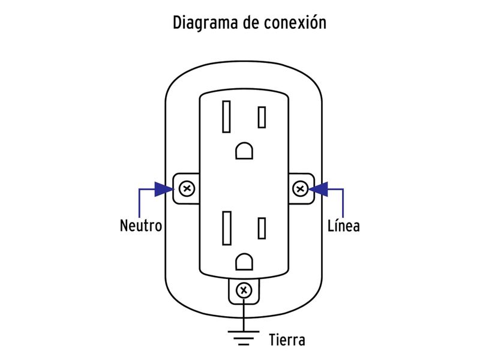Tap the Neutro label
click(x=141, y=226)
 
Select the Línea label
click(x=343, y=226)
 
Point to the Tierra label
click(x=287, y=340)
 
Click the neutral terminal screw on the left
click(x=187, y=190)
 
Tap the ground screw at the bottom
click(x=244, y=292)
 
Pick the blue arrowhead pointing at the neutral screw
click(x=161, y=190)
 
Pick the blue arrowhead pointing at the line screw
click(x=320, y=190)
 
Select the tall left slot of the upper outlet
click(x=227, y=117)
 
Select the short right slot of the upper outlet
click(x=262, y=117)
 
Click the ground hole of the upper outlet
click(x=244, y=150)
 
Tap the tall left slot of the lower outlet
click(x=227, y=228)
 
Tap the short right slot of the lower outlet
click(x=262, y=228)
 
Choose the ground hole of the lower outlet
click(x=244, y=262)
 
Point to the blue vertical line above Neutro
click(x=139, y=204)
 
